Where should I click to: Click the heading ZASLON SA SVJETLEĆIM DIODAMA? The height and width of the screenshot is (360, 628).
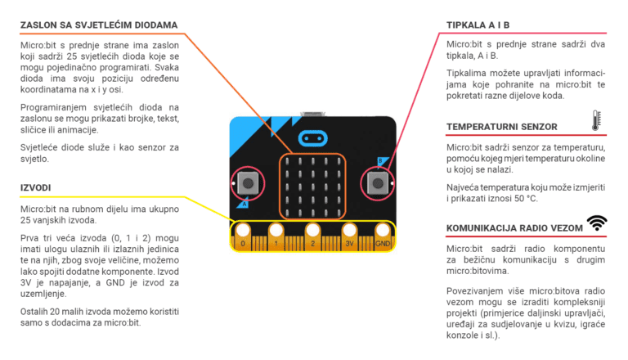click(99, 25)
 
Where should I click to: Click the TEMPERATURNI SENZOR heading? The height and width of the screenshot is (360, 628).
click(502, 126)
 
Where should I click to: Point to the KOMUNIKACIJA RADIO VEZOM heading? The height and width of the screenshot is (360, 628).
click(514, 227)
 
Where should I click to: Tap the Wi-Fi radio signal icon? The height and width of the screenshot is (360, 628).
click(597, 224)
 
